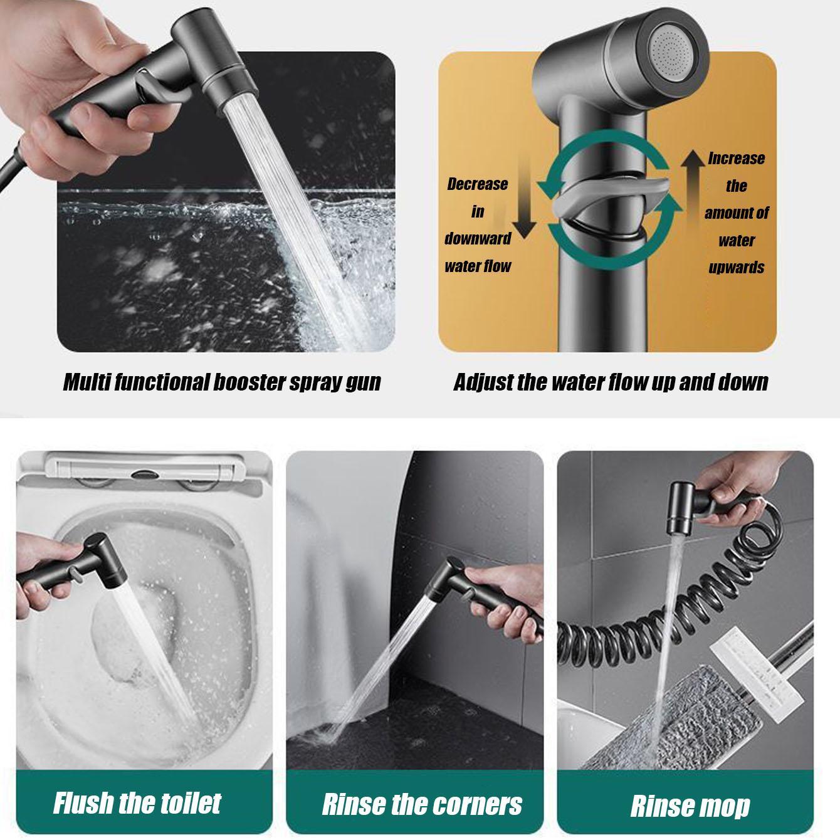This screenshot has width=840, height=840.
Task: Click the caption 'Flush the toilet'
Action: click(137, 802)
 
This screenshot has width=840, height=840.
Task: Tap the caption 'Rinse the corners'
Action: click(421, 804)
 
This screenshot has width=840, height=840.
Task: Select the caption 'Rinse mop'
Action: click(690, 806)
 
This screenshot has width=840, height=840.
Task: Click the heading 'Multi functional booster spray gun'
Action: click(222, 382)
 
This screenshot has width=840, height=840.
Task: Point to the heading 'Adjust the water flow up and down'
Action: click(611, 382)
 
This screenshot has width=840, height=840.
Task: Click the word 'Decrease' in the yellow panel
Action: click(477, 184)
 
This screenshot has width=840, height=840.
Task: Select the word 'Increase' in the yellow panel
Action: click(736, 159)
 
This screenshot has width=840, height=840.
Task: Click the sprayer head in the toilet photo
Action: click(88, 552)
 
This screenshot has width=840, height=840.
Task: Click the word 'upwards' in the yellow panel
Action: click(736, 268)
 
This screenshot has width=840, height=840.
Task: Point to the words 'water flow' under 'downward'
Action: click(478, 266)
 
